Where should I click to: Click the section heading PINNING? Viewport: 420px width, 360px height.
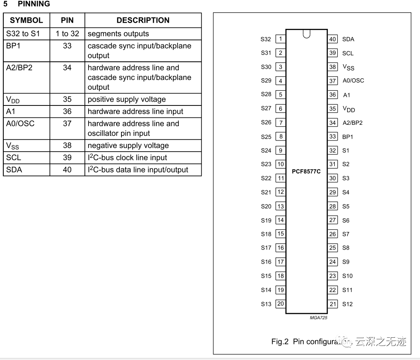click(x=34, y=4)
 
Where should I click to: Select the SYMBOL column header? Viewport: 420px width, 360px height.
click(x=26, y=20)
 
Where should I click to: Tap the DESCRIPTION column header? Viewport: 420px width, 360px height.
click(x=143, y=20)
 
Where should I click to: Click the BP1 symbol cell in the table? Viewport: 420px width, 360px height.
click(x=13, y=46)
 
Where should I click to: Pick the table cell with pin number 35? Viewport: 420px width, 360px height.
click(x=67, y=99)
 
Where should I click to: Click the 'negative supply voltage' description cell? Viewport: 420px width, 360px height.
click(x=128, y=145)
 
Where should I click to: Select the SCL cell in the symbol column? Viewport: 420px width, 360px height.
click(x=14, y=157)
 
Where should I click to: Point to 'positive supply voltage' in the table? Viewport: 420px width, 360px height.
click(x=127, y=99)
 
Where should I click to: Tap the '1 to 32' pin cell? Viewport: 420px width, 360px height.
click(x=67, y=34)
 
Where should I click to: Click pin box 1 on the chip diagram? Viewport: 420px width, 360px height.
click(x=280, y=39)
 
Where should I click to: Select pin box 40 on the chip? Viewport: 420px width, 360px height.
click(x=333, y=39)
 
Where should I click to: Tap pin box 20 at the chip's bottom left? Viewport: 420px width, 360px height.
click(x=280, y=304)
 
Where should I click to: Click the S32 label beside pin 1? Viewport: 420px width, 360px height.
click(x=266, y=39)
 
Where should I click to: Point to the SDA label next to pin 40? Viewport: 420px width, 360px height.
click(x=348, y=39)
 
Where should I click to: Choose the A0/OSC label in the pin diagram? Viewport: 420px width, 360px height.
click(x=353, y=81)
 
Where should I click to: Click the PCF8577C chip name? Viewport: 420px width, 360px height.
click(x=306, y=171)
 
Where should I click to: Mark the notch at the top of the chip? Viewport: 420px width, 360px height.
click(x=306, y=34)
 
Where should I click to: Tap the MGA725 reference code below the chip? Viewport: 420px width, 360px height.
click(x=319, y=318)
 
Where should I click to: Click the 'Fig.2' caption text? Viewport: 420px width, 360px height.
click(x=280, y=341)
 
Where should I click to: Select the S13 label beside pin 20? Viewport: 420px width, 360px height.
click(x=266, y=304)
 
